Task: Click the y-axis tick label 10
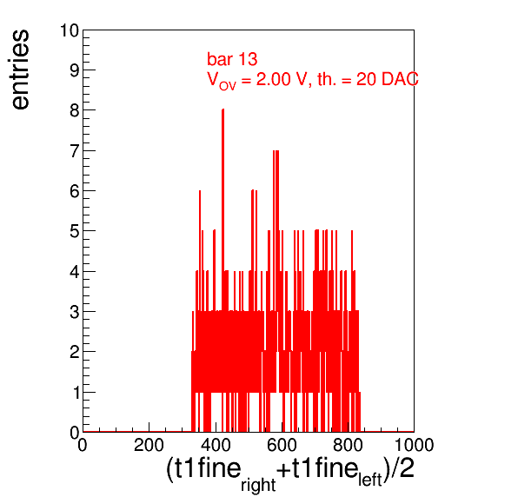pos(70,30)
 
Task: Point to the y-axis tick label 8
pos(75,110)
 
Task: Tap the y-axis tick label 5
pos(75,231)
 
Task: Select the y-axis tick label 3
pos(75,312)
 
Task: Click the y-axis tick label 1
pos(76,393)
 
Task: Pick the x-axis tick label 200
pos(149,445)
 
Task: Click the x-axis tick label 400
pos(216,445)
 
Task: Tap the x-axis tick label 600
pos(282,445)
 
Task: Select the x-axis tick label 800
pos(348,445)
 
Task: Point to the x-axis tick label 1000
pos(414,445)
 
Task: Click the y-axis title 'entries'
pos(21,70)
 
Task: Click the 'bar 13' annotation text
pos(232,59)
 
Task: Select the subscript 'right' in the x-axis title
pos(258,485)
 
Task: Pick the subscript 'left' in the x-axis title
pos(370,479)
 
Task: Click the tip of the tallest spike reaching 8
pos(223,109)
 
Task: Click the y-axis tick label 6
pos(75,191)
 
